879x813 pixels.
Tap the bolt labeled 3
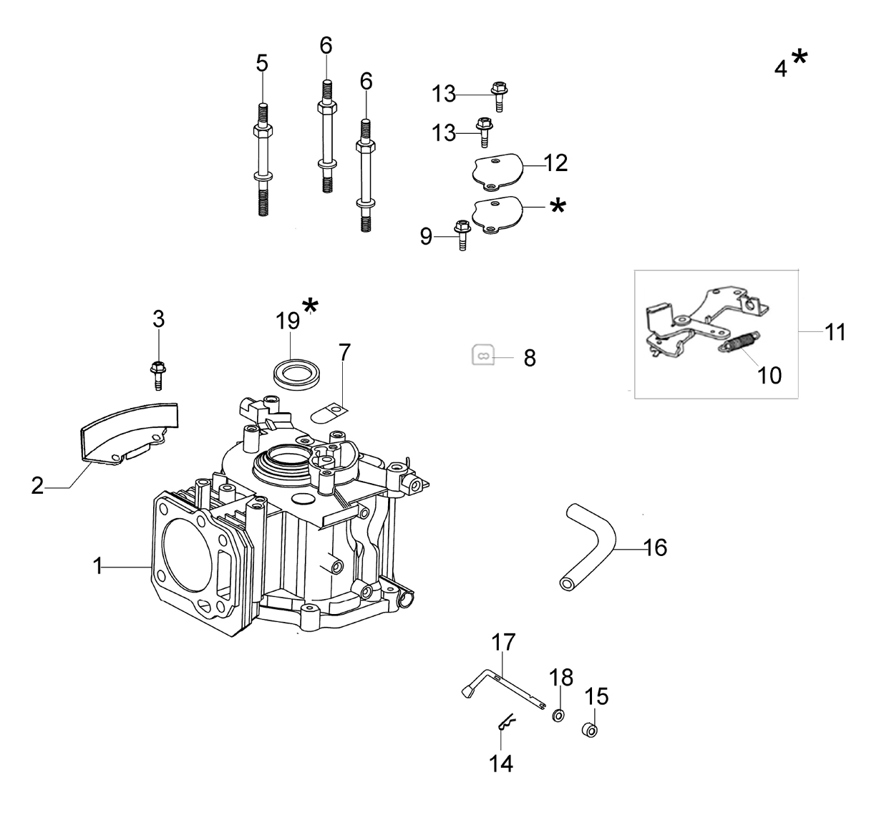pos(158,375)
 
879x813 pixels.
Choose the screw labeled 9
pos(462,235)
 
